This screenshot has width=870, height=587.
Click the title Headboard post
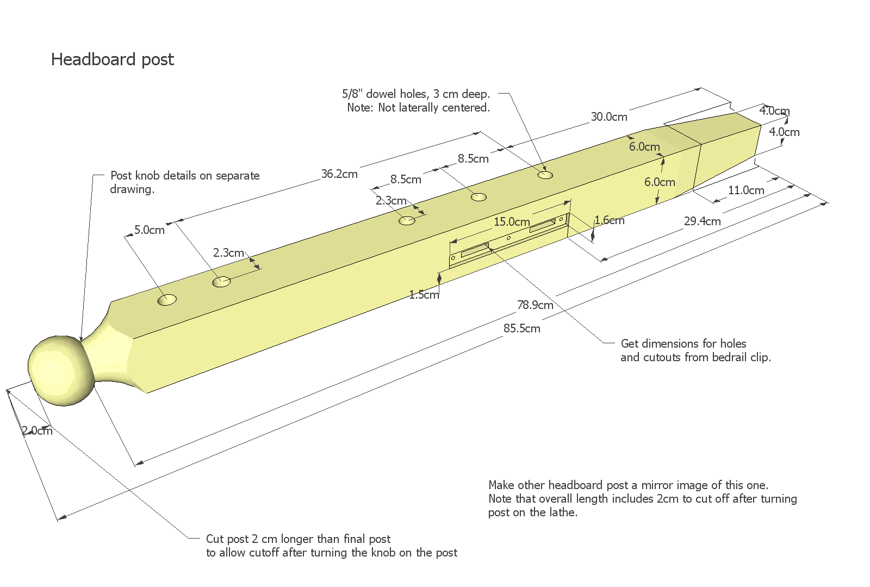(x=112, y=59)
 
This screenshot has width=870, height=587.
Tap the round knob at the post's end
(x=61, y=370)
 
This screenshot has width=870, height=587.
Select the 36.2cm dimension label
(x=339, y=174)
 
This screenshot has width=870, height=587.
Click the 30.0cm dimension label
(x=609, y=117)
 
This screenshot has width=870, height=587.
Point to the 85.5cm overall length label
(x=521, y=329)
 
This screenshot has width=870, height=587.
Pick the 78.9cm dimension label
(x=535, y=305)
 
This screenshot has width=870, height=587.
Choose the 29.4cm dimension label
(x=702, y=221)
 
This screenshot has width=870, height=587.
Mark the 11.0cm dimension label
(x=746, y=190)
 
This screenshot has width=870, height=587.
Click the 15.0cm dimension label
(x=512, y=222)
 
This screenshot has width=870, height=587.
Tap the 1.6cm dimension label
(x=609, y=220)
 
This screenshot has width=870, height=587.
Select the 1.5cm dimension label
(x=424, y=295)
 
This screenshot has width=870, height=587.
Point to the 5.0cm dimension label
(x=150, y=230)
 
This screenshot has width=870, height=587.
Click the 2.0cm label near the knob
(x=38, y=431)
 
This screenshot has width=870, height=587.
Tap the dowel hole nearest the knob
(x=167, y=300)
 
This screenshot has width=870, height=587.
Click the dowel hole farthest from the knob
(x=545, y=175)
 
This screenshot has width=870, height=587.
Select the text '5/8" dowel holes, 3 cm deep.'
(x=416, y=94)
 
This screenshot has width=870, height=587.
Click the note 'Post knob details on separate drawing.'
(x=185, y=182)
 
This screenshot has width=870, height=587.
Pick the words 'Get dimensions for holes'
(x=683, y=344)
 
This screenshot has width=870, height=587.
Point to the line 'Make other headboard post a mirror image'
(x=628, y=485)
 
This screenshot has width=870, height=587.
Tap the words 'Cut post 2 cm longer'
(x=298, y=539)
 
